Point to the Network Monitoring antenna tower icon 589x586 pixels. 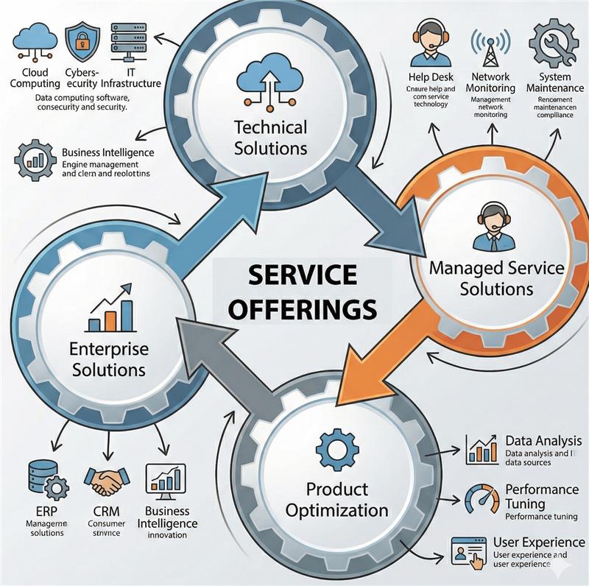click(490, 45)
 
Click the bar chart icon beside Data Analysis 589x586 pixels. click(482, 448)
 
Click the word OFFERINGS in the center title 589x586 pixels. click(302, 307)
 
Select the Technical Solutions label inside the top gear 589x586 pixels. click(271, 137)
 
